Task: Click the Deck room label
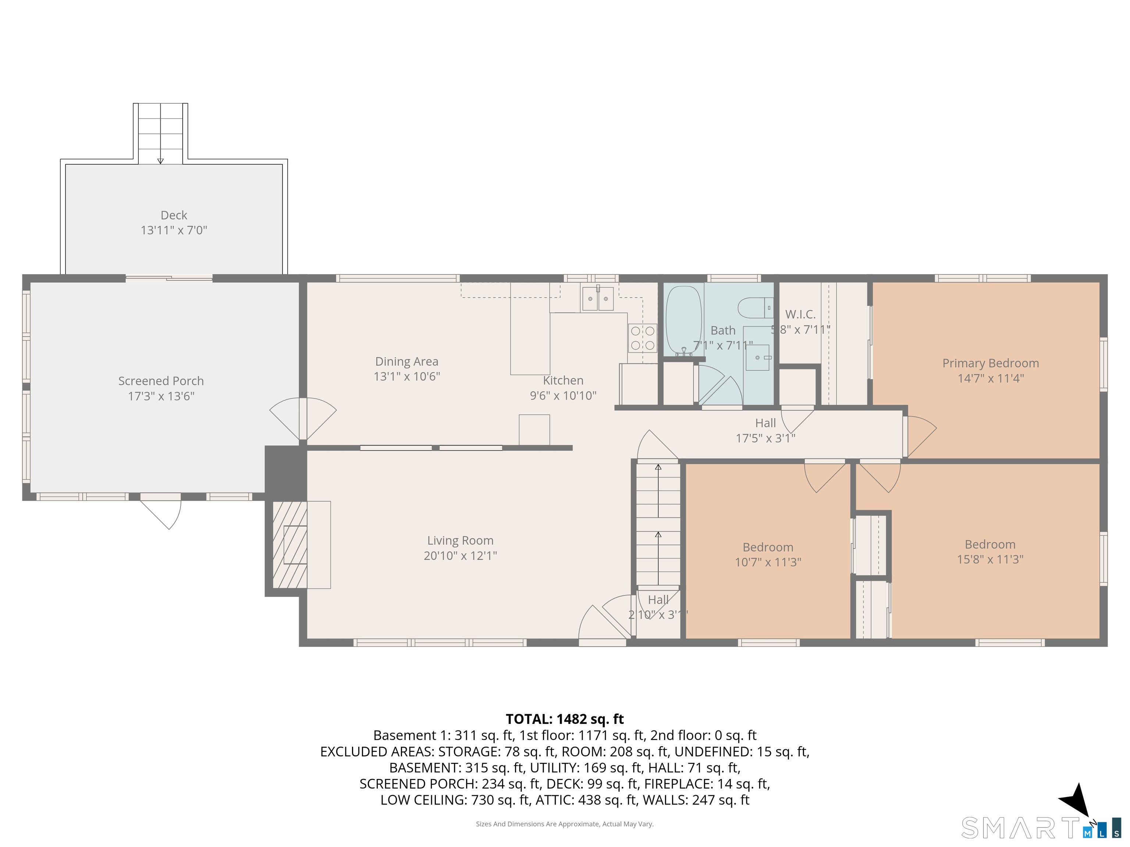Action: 174,215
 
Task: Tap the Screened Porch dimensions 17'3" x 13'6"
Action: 161,396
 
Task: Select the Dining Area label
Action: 406,361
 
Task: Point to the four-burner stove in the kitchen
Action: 643,338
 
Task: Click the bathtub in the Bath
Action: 683,319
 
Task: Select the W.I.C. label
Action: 800,314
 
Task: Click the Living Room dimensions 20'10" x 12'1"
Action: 460,555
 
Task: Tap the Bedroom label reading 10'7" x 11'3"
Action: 767,547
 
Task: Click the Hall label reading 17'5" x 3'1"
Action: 765,423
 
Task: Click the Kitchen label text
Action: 563,380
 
